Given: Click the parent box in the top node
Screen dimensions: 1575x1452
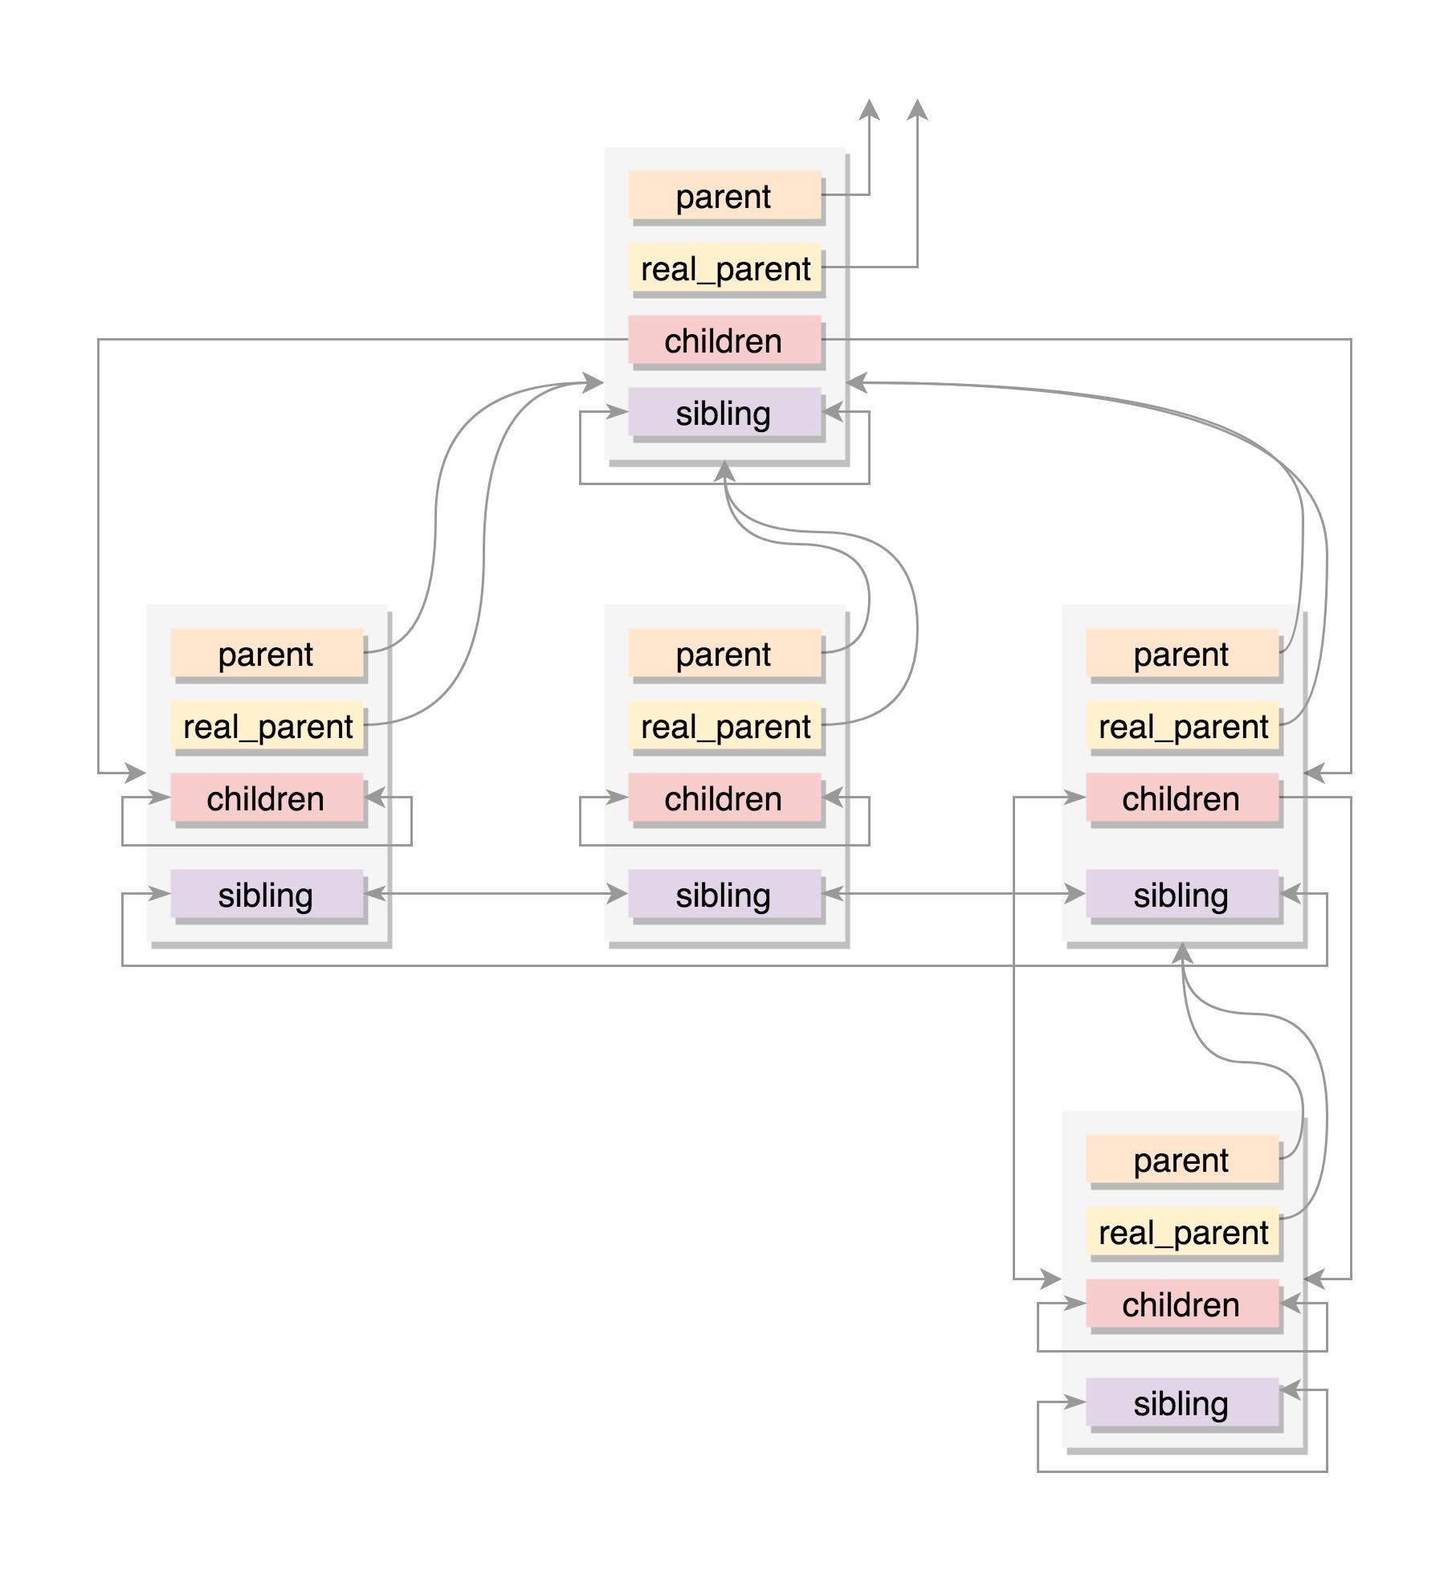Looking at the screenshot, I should click(724, 195).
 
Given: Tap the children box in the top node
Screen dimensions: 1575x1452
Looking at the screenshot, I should click(724, 340).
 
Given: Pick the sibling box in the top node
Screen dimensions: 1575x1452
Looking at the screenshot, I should click(724, 412).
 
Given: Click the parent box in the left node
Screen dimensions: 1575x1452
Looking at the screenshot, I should click(266, 653).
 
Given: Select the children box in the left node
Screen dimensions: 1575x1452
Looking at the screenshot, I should click(266, 798).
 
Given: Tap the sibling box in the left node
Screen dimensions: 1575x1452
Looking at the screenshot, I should click(266, 894).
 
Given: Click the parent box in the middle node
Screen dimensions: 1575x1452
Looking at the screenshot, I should click(724, 653).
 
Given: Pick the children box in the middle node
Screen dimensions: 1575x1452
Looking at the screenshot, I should click(724, 798).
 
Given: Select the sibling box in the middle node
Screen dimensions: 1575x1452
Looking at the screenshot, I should click(724, 894).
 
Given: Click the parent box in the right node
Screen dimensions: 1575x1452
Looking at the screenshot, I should click(1181, 653).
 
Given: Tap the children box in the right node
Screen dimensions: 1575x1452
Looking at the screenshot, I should click(1181, 798).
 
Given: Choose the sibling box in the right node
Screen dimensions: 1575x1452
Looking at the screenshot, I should click(1181, 894).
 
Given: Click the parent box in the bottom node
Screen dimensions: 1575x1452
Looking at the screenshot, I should click(1181, 1159).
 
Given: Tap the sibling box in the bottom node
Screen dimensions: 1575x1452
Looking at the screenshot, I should click(1181, 1402).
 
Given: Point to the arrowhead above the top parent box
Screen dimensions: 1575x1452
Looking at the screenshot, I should click(869, 110).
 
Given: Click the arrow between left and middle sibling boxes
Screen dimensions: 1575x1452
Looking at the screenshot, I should click(496, 893).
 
